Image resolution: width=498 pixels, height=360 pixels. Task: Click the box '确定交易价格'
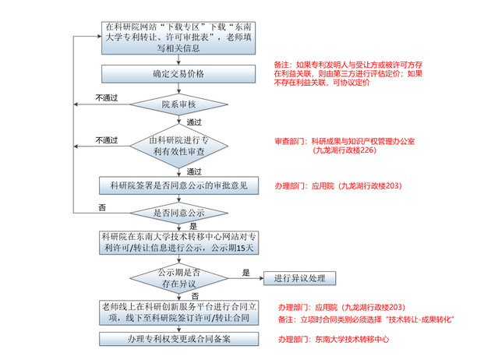coord(178,74)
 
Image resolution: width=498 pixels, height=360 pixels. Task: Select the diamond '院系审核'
coord(178,104)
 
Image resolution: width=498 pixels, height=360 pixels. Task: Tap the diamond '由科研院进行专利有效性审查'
coord(178,146)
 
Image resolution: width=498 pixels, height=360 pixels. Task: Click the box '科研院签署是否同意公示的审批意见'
coord(178,185)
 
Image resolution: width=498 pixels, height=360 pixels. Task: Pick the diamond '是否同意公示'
coord(178,213)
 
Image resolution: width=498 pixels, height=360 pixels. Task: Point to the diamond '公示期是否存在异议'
coord(178,278)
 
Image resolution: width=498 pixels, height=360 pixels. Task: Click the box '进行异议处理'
coord(299,278)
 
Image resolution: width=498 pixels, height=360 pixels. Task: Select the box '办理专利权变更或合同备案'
coord(178,339)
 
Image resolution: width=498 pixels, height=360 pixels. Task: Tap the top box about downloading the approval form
coord(178,37)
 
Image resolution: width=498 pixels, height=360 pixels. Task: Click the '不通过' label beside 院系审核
coord(107,97)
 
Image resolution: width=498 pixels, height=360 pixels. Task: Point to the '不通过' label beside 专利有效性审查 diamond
coord(107,140)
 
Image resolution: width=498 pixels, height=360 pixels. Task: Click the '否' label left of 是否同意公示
coord(102,207)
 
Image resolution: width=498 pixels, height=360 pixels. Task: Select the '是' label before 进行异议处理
coord(246,273)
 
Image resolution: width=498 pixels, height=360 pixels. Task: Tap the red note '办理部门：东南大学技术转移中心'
coord(334,340)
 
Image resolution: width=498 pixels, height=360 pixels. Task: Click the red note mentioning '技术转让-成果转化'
coord(366,319)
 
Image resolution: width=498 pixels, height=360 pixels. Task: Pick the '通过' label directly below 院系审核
coord(194,122)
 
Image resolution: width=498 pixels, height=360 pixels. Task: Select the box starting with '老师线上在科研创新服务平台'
coord(178,312)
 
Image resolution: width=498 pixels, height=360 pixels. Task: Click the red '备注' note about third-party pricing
coord(348,74)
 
